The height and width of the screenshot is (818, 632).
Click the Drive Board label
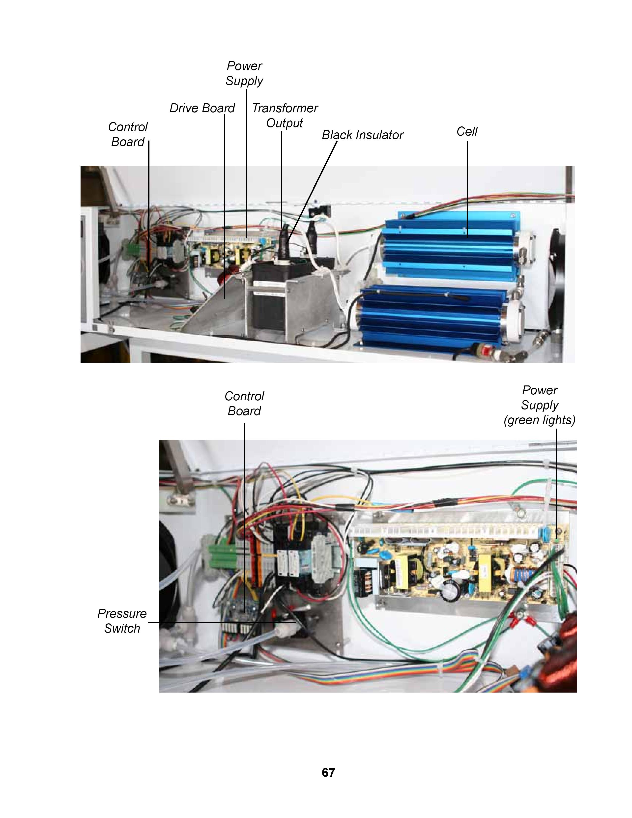tap(202, 108)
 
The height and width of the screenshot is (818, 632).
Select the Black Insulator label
tap(362, 135)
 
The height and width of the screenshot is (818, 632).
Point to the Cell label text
tap(467, 131)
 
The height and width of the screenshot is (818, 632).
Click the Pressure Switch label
tap(122, 621)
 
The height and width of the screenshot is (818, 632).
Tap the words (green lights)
tap(540, 420)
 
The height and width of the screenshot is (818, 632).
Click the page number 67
tap(328, 772)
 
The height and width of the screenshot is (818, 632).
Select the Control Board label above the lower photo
tap(244, 403)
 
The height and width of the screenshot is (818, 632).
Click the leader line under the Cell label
tap(467, 189)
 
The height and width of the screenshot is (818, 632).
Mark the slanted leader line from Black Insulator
tap(312, 193)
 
